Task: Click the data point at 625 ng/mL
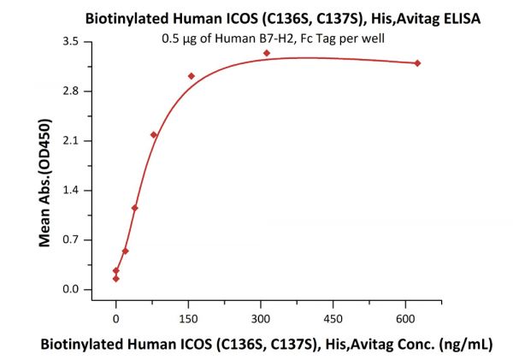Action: (x=417, y=63)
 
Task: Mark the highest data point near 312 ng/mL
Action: (x=267, y=53)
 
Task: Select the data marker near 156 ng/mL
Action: (x=192, y=76)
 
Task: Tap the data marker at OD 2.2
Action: (x=154, y=134)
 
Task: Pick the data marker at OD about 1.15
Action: (x=135, y=208)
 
